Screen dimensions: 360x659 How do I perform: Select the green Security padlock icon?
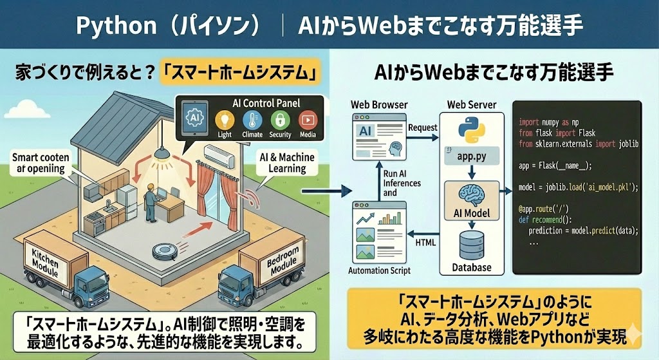281,120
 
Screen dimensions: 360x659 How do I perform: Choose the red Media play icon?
308,120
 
